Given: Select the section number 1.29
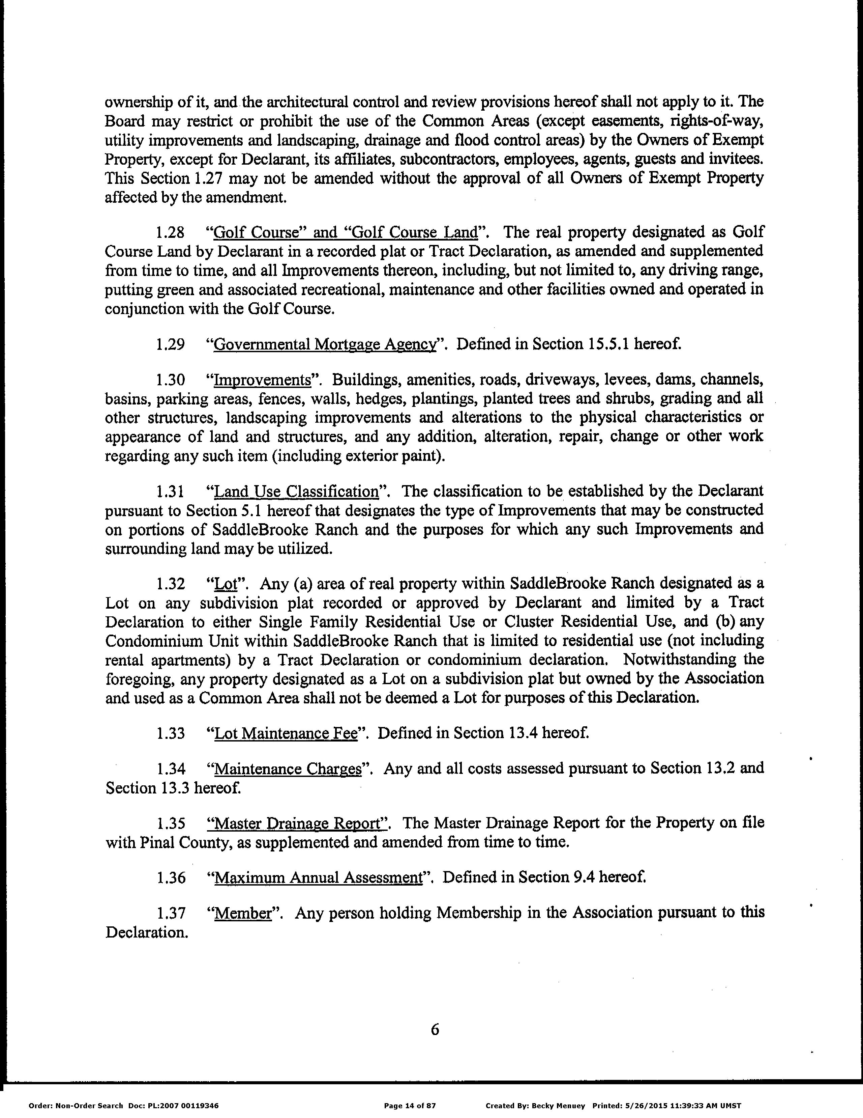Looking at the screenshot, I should (x=170, y=344).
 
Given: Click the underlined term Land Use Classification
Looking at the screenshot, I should (x=296, y=492).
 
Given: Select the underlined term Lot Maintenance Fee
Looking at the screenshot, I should (x=285, y=733).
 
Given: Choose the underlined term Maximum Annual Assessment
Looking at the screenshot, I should (x=318, y=878).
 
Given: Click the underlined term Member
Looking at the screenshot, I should (x=242, y=914).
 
